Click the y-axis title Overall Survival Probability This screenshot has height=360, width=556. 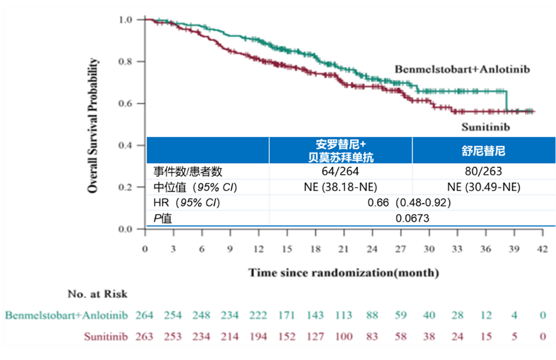tap(93, 125)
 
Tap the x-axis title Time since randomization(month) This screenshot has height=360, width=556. tap(343, 273)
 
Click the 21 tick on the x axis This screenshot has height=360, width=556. tap(344, 249)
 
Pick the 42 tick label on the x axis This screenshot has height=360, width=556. tap(543, 249)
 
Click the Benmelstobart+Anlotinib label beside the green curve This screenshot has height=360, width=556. tap(462, 69)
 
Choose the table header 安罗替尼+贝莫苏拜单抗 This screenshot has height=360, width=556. tap(341, 151)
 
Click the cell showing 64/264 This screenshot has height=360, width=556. tap(341, 172)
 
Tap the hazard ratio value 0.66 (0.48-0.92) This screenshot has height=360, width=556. tap(409, 203)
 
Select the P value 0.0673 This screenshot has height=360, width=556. tap(409, 218)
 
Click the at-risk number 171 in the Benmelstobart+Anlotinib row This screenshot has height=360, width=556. tap(287, 315)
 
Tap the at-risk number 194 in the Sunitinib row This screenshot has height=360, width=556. tap(258, 337)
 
